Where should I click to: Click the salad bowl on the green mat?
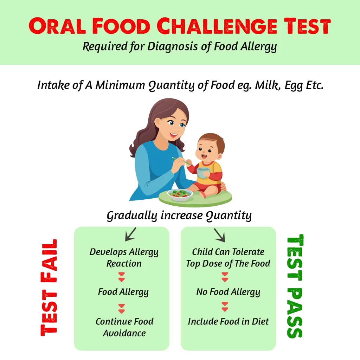click(x=180, y=195)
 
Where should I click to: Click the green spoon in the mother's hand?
click(x=181, y=161)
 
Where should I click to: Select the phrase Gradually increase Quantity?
click(x=179, y=216)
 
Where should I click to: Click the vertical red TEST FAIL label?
click(x=49, y=288)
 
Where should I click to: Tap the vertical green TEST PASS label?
click(x=295, y=286)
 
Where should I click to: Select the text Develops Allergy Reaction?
click(x=124, y=258)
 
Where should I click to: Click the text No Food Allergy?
click(x=228, y=292)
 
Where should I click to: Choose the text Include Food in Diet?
click(x=228, y=321)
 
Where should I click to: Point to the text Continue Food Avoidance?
click(x=124, y=327)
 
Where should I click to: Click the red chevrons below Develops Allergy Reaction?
click(x=121, y=277)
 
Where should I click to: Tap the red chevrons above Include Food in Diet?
click(x=225, y=307)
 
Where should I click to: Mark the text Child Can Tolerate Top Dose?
click(x=228, y=258)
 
